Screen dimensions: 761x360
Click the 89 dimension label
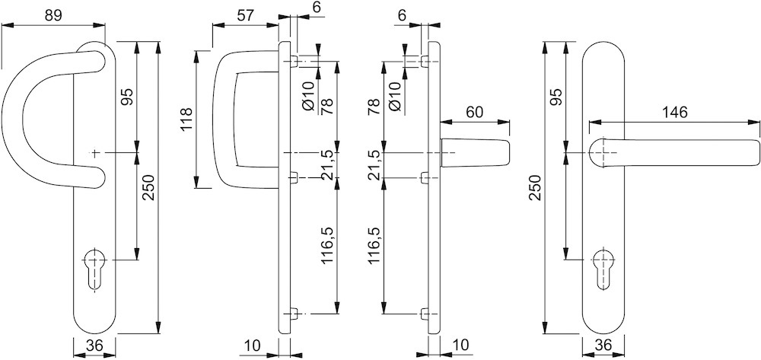(x=53, y=15)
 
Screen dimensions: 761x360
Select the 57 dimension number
(x=246, y=15)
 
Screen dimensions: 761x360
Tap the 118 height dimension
(x=186, y=119)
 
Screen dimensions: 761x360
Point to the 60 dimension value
(x=475, y=112)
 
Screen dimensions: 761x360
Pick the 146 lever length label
(x=674, y=113)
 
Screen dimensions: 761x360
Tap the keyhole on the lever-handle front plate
(x=604, y=269)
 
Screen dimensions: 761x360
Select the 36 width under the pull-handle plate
(x=94, y=346)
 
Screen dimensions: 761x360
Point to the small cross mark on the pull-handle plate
(x=95, y=153)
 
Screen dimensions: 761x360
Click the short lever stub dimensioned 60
(x=476, y=153)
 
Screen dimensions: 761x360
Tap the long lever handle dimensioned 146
(x=673, y=153)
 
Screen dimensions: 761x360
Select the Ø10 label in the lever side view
(x=396, y=96)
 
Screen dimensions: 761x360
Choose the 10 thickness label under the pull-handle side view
(x=253, y=346)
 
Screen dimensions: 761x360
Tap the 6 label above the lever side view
(x=401, y=15)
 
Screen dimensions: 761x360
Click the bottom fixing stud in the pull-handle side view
(x=293, y=314)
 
